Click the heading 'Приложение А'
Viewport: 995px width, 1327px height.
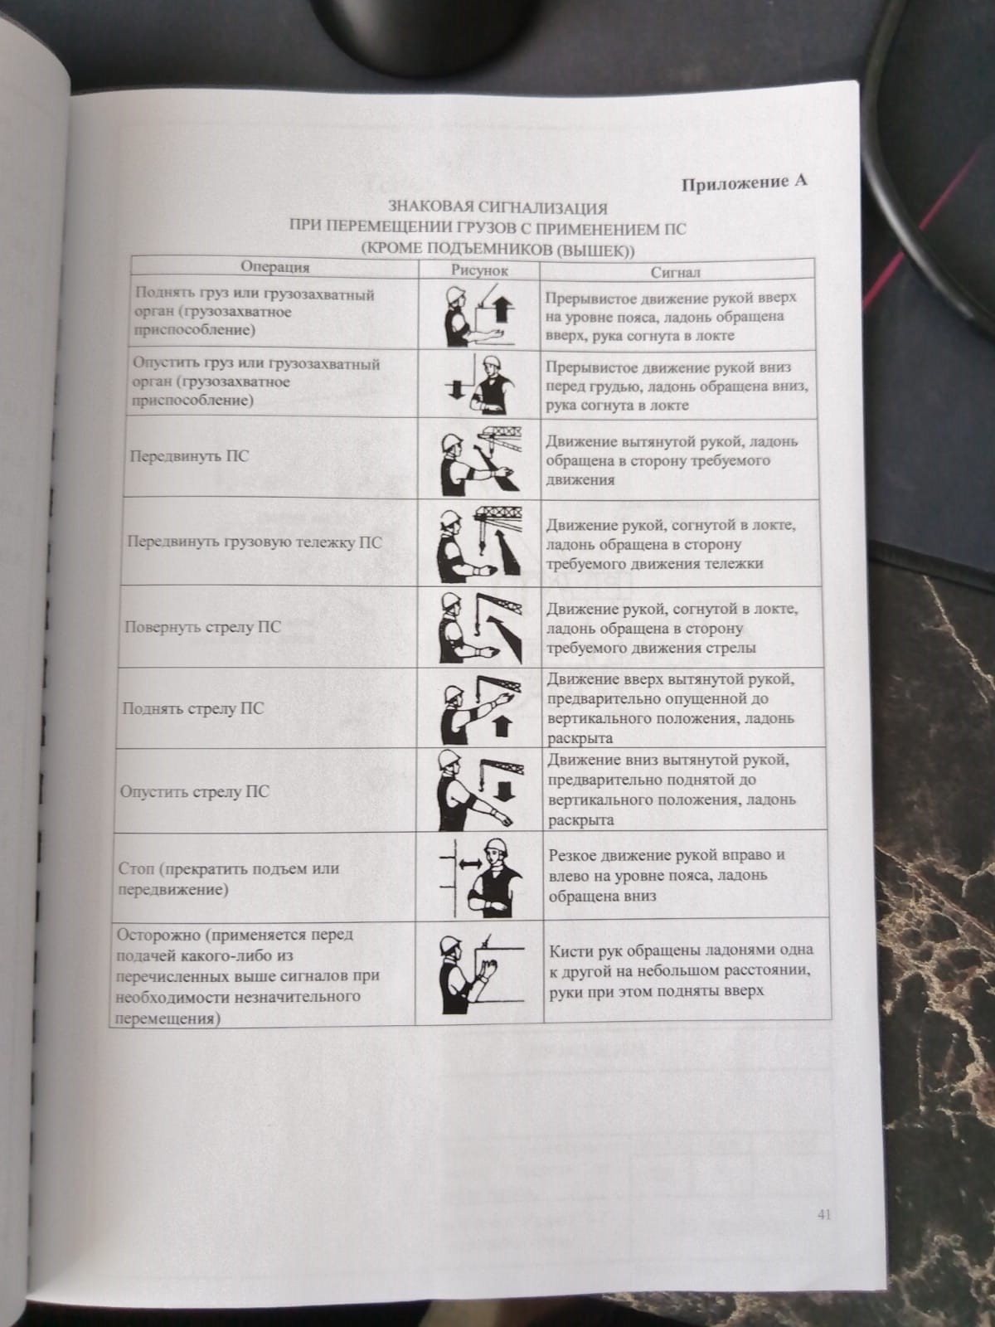point(744,183)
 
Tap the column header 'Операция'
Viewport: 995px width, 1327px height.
point(275,267)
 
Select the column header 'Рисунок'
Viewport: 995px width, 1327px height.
point(479,270)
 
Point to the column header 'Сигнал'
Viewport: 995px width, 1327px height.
point(675,272)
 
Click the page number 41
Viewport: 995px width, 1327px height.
point(823,1215)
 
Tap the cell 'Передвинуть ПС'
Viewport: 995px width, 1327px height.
point(189,456)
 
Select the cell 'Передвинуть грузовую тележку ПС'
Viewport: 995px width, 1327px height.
point(253,542)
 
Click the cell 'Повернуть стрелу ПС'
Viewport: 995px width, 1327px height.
point(203,626)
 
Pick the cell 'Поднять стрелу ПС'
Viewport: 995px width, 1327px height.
point(193,709)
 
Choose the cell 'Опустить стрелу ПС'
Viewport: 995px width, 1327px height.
point(195,791)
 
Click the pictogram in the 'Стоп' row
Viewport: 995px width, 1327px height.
point(480,877)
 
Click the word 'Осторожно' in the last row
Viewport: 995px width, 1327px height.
point(158,935)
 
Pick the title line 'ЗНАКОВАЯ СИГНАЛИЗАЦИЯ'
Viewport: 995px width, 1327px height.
point(498,207)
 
